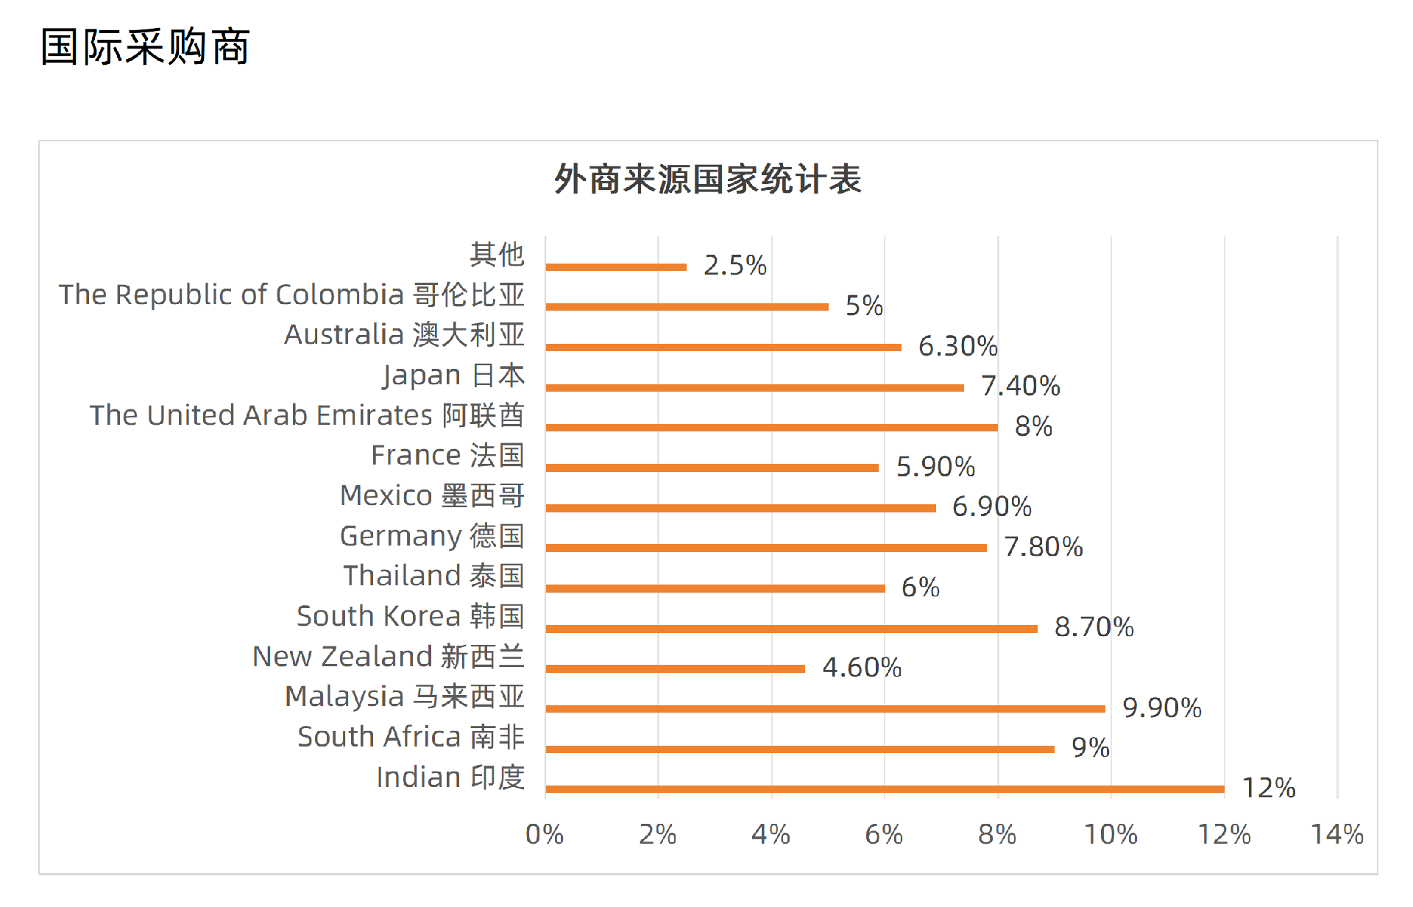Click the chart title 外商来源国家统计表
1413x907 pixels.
click(707, 180)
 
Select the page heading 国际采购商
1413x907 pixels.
click(146, 47)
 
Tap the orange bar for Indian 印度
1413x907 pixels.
click(885, 789)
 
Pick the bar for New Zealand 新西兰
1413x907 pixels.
click(675, 668)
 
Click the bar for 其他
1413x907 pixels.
click(616, 267)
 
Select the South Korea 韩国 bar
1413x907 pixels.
click(791, 629)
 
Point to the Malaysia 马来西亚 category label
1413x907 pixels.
click(405, 696)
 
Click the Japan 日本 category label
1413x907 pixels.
click(453, 375)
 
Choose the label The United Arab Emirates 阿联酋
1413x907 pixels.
click(307, 415)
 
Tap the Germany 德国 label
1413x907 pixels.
click(432, 536)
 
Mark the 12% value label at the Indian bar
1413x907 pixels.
click(1269, 788)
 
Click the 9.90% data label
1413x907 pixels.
click(1162, 707)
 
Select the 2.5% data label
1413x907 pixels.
click(734, 265)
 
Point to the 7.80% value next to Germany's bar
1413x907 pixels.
click(1044, 547)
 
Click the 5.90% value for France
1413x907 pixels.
click(935, 467)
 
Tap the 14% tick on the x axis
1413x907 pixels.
click(1337, 834)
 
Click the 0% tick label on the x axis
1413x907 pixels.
click(545, 834)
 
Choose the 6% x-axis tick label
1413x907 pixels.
click(884, 834)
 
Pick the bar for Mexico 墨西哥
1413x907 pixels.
click(740, 508)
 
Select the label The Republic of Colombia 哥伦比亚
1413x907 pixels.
click(291, 294)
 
